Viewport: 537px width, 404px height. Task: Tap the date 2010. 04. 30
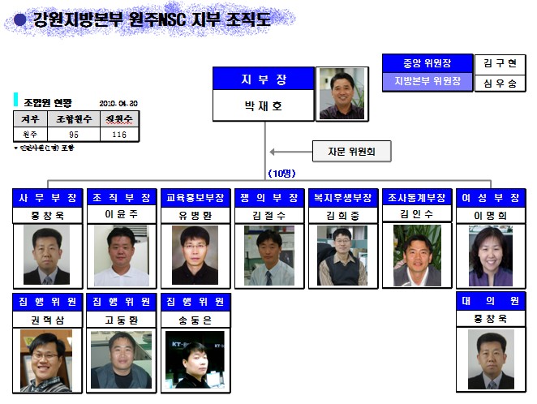(119, 104)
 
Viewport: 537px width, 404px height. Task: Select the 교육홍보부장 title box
(195, 197)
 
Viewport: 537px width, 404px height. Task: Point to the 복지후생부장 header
(342, 197)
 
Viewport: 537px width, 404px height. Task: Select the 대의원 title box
(490, 301)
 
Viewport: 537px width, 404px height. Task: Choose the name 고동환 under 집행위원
(121, 319)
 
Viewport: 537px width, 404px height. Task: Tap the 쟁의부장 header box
(268, 197)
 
